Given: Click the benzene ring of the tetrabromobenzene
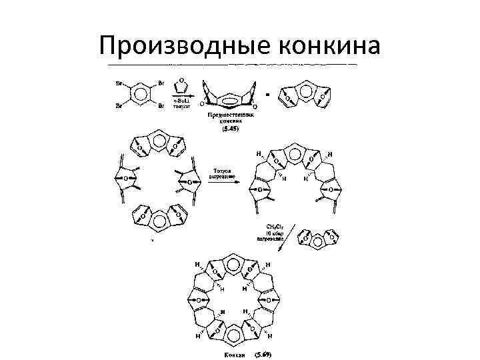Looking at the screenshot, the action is pos(140,95).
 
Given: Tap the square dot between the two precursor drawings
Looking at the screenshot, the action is pos(267,94).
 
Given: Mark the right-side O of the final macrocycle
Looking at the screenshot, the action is pos(267,297).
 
